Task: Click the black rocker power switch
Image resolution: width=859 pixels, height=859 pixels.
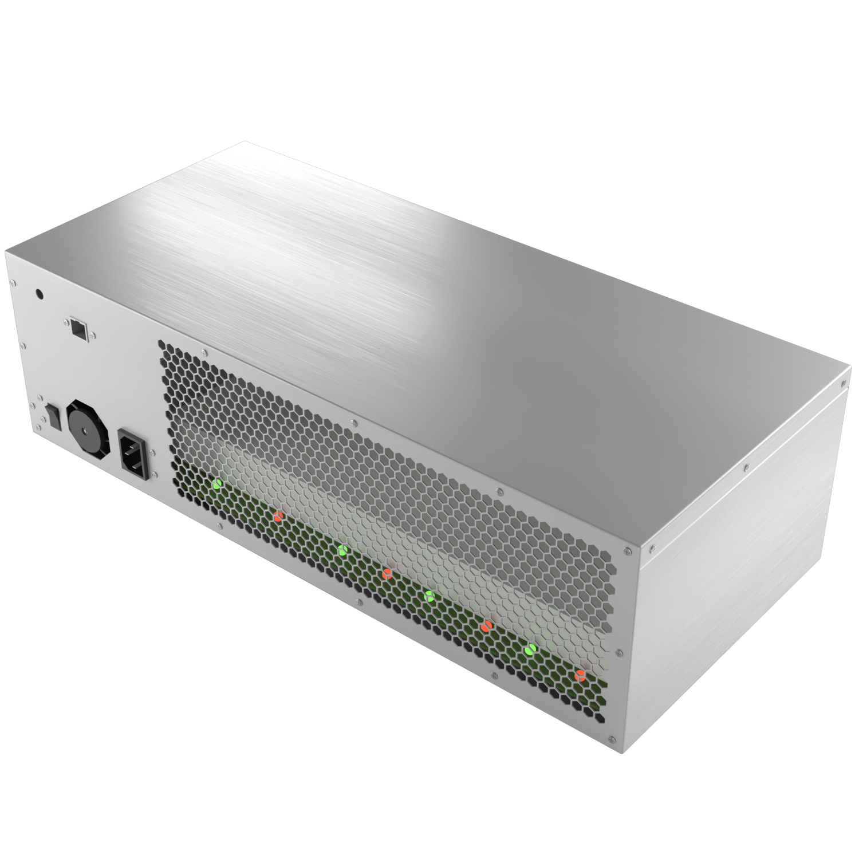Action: (53, 416)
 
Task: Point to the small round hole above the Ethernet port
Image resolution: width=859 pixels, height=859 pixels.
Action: (40, 294)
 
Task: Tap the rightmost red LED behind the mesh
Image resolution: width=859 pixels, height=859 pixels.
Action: (580, 676)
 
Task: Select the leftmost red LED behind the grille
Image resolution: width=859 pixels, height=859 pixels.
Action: (278, 517)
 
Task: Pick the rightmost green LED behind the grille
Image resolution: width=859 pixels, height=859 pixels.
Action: (531, 649)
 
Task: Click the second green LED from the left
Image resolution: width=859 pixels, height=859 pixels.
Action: (342, 550)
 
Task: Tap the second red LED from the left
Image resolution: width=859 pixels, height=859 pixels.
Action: (387, 573)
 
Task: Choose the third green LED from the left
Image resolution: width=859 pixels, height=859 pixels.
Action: (429, 596)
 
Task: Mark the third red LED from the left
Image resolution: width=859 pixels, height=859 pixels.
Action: (487, 625)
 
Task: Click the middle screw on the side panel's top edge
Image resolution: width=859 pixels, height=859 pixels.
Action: (746, 467)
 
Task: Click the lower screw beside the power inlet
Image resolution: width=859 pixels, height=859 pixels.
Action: (155, 475)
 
